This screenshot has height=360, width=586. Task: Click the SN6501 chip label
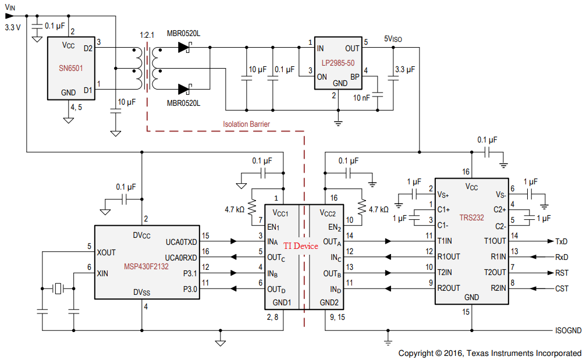coord(72,68)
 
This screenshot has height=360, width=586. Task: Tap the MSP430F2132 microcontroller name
coord(146,266)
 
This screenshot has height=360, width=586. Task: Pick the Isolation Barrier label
coord(246,124)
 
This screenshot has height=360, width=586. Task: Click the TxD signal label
coord(562,241)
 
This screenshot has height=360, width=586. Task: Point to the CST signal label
coord(562,288)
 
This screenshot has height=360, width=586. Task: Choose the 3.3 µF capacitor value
coord(405,69)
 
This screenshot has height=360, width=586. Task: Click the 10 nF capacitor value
coord(361,98)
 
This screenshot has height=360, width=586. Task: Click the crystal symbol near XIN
coord(58,288)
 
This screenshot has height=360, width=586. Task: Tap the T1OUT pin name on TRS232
coord(494,241)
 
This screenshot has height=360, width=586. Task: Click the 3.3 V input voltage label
coord(12,27)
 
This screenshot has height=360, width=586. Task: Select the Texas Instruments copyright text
coord(489,353)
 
